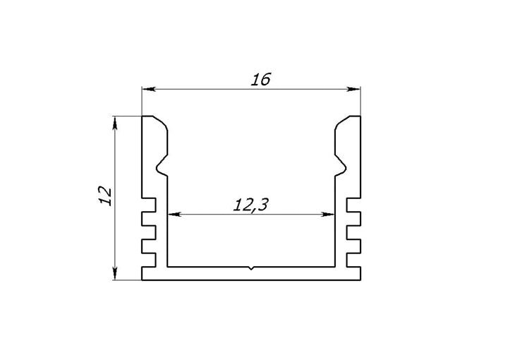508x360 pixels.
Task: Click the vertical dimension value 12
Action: [104, 195]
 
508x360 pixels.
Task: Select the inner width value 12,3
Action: [250, 205]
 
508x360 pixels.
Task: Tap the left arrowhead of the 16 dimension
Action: [147, 89]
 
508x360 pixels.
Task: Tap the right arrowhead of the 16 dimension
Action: [355, 89]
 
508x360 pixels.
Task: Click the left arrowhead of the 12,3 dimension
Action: [171, 213]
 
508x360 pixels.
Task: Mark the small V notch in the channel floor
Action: [251, 268]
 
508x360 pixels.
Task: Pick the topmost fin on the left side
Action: [148, 205]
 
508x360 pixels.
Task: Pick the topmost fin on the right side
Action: [353, 205]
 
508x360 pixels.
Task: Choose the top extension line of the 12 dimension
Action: [127, 116]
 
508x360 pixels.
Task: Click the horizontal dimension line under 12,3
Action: [212, 213]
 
